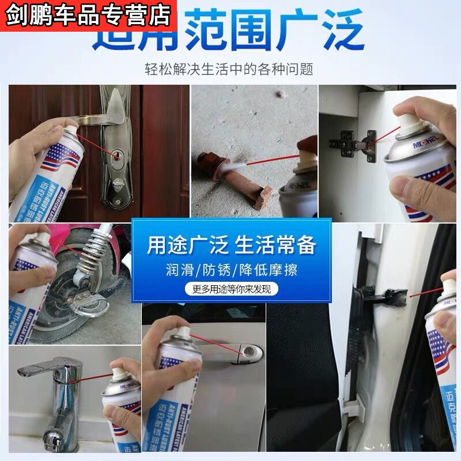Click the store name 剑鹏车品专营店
[x=87, y=14]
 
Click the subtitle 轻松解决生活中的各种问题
[x=229, y=70]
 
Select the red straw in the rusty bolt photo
[x=271, y=158]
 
